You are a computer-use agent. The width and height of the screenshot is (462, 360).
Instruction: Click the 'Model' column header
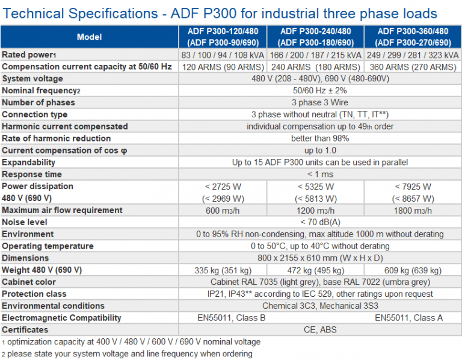(90, 37)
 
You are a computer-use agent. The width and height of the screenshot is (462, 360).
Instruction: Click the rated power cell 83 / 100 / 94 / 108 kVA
(222, 55)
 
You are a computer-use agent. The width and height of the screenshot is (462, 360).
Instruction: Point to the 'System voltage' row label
(32, 79)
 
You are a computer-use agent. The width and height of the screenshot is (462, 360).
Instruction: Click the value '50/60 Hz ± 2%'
(320, 91)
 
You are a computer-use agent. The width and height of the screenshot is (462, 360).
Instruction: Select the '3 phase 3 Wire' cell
(320, 102)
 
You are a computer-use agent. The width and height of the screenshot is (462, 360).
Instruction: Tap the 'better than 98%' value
(320, 138)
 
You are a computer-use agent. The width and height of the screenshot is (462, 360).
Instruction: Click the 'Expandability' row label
(29, 163)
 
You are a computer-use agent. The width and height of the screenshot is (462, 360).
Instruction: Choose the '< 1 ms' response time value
(320, 175)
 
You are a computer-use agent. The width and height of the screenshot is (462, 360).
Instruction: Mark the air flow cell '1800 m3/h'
(413, 211)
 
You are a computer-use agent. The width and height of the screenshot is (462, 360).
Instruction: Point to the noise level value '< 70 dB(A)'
(320, 222)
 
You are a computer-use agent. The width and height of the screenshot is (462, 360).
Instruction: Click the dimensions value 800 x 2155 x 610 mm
(320, 258)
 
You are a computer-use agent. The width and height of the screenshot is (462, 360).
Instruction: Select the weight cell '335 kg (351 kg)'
(222, 270)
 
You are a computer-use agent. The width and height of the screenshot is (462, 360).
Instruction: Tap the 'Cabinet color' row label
(29, 282)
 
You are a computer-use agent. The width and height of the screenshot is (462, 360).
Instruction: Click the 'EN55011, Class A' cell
(413, 318)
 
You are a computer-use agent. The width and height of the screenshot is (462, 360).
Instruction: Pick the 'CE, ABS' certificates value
(320, 330)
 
